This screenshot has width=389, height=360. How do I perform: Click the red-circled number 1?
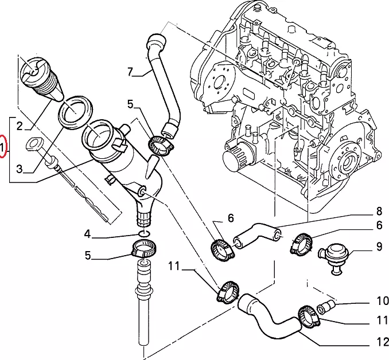(4, 148)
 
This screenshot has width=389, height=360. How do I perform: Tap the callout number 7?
(130, 72)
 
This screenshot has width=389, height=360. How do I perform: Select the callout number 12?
(379, 343)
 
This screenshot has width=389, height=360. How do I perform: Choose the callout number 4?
(87, 234)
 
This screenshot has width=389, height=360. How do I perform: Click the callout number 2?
(19, 126)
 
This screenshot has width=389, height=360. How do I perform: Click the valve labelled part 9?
(332, 252)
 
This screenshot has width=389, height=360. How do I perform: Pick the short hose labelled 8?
(257, 234)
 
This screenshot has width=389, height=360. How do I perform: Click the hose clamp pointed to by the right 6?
(301, 244)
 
